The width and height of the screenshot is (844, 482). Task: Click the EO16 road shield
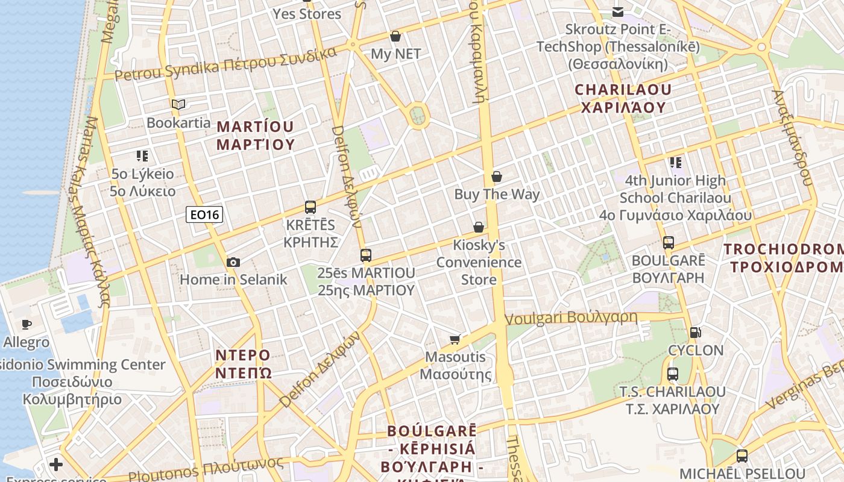pos(204,214)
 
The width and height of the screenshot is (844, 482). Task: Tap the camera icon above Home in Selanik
pos(233,262)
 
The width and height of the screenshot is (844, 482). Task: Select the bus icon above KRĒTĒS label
pos(310,207)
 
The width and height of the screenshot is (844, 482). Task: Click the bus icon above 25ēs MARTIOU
pos(366,255)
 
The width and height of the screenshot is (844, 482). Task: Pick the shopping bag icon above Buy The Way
pos(497,177)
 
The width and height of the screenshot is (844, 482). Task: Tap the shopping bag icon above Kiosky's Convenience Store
pos(479,227)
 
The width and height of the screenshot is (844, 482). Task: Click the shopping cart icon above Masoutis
pos(455,339)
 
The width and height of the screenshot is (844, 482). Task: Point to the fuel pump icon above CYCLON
pos(695,332)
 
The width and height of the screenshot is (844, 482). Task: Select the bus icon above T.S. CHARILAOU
pos(673,374)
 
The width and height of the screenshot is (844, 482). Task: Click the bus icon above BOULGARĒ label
pos(668,243)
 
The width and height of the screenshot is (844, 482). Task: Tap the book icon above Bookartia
pos(178,105)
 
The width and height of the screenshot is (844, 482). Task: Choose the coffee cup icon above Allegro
pos(26,325)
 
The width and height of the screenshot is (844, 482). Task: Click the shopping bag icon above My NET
pos(395,36)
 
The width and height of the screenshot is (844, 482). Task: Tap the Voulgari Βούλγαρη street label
pos(571,318)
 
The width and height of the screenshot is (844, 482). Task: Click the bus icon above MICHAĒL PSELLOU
pos(742,456)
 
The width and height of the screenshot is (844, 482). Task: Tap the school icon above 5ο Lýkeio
pos(142,156)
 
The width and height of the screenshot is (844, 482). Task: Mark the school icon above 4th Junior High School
pos(676,163)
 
